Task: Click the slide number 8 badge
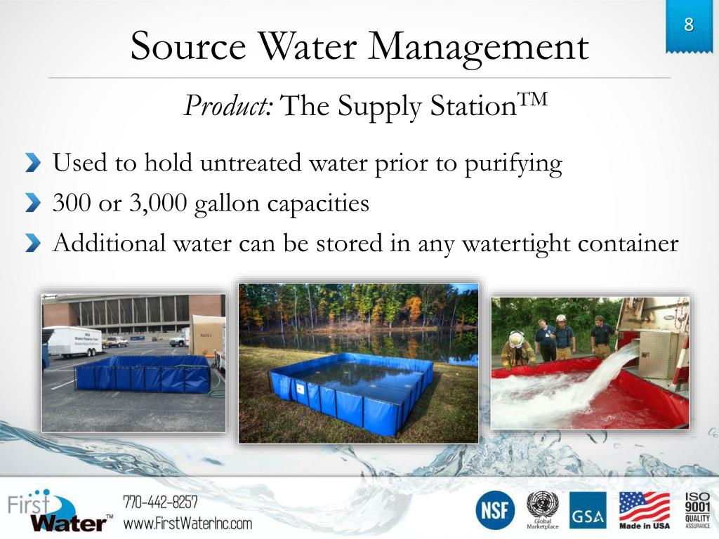pos(688,26)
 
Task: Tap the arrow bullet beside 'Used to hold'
pos(33,164)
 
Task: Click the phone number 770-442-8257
pos(160,502)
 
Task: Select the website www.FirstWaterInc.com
pos(187,523)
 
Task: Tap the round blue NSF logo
pos(495,510)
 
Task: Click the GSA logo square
pos(588,510)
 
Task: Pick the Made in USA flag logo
pos(644,510)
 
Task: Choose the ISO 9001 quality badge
pos(697,510)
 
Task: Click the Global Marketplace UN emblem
pos(542,509)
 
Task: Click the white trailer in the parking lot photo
pos(74,341)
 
